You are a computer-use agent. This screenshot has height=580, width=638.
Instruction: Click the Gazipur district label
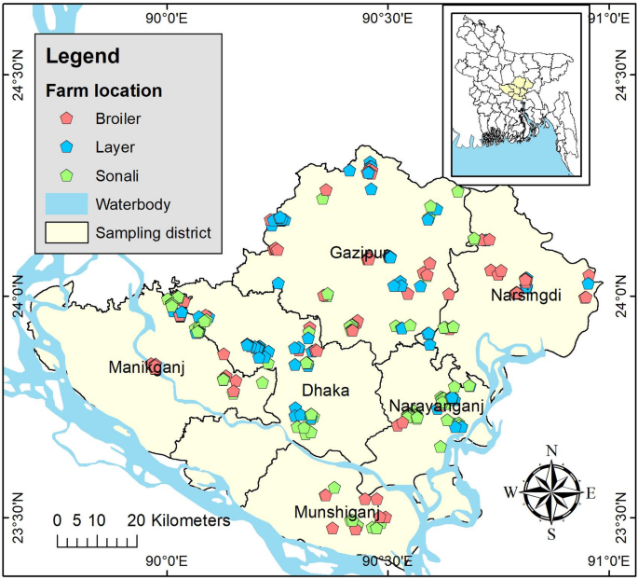(358, 254)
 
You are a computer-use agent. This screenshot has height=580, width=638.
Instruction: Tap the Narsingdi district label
(526, 296)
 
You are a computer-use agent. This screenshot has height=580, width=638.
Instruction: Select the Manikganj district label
(146, 366)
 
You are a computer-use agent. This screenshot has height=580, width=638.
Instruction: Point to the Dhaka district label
(325, 391)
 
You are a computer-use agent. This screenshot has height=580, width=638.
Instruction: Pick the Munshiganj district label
(336, 513)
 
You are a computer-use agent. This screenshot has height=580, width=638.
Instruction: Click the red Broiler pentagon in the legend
(66, 118)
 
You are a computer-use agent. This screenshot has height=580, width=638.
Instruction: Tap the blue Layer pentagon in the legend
(66, 147)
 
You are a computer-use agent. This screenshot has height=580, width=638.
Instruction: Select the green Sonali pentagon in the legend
(66, 175)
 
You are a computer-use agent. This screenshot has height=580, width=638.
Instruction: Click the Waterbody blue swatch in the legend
(66, 203)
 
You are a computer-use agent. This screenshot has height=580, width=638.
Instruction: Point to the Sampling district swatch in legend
(66, 232)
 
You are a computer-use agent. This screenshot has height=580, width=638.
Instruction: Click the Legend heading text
(83, 57)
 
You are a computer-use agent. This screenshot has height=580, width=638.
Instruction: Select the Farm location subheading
(104, 91)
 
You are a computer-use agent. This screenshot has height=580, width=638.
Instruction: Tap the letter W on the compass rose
(510, 492)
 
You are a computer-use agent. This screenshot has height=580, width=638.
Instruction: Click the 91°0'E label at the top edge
(606, 17)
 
